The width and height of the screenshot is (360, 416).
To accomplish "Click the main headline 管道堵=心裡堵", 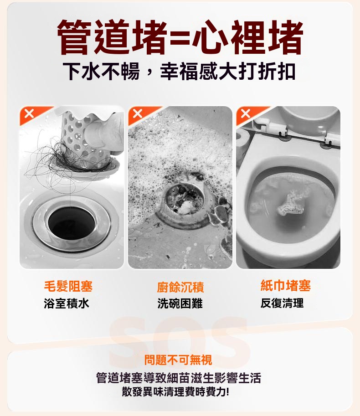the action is pos(180,37).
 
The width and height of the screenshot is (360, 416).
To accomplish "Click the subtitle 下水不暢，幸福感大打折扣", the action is pos(179,72).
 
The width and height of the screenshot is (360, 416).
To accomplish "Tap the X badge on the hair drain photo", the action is pos(29,113).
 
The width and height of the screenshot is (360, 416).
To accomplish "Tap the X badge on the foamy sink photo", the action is pos(138,113).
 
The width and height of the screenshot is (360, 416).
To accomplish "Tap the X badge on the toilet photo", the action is pos(246,113).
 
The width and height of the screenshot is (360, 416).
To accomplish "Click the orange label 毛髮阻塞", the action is pos(68,286).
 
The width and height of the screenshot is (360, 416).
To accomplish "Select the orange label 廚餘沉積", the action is pos(180,287).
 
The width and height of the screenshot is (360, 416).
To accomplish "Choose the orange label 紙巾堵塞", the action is pos(285,286).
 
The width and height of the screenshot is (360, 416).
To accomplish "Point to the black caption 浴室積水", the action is pos(67,303).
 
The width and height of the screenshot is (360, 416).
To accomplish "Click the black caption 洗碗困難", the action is pos(180,303).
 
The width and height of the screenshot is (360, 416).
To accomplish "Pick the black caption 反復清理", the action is pos(282,303).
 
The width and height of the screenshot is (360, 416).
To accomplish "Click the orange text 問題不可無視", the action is pos(178,360).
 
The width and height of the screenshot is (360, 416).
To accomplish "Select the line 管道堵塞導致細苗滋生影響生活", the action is pos(179,378).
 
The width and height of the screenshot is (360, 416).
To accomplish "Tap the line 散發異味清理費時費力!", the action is pos(175,392).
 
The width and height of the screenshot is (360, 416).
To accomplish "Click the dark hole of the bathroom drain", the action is pos(72,223).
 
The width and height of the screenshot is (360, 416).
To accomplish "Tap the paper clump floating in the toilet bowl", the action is pos(290,204).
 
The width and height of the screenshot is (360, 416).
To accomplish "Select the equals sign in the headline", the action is pos(180,38).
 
